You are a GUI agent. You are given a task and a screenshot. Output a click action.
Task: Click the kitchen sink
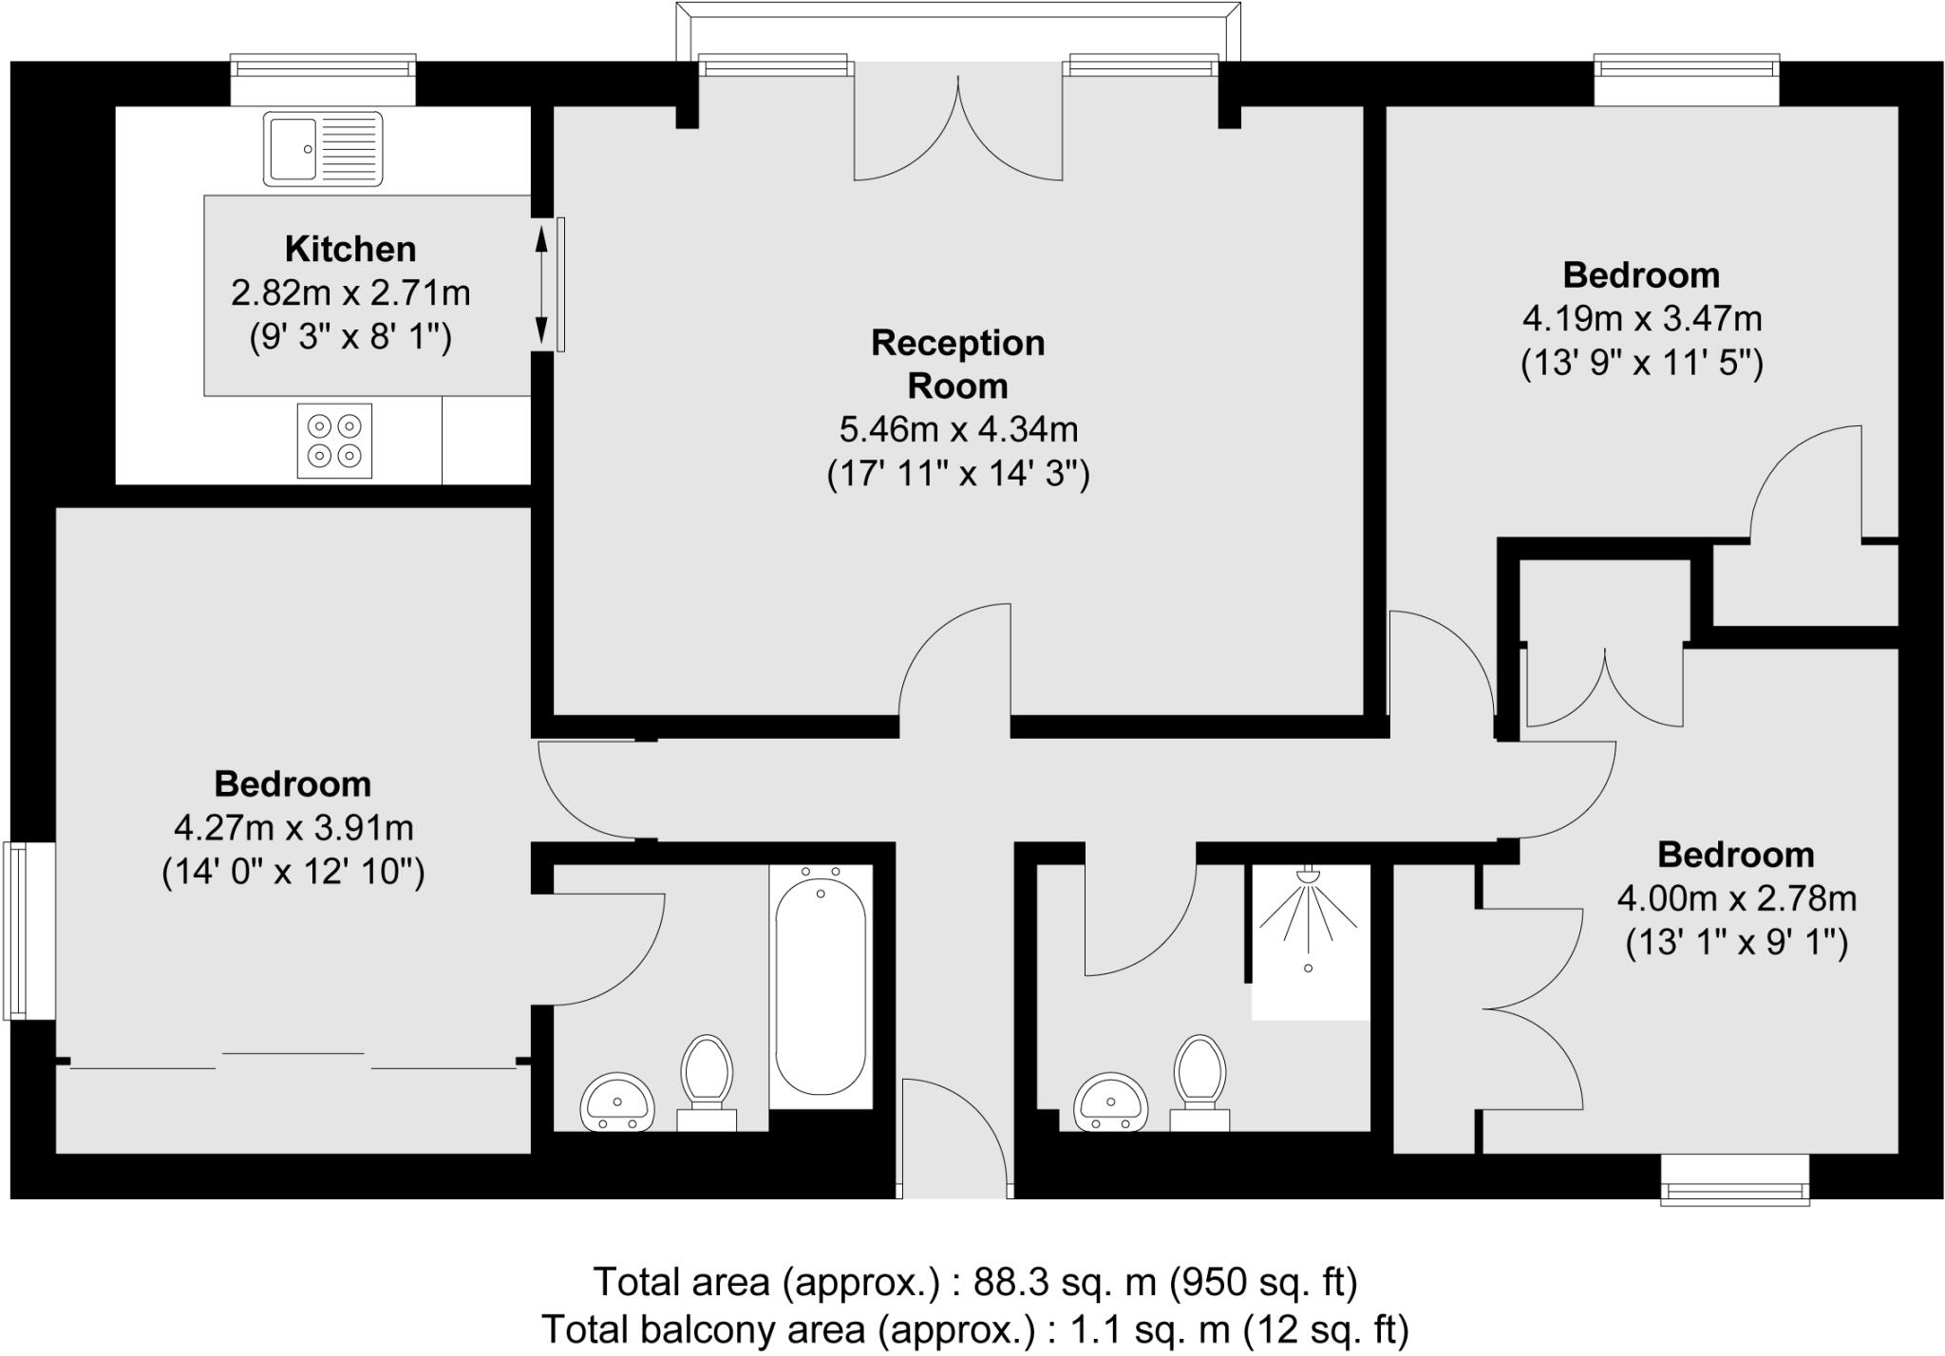pos(323,148)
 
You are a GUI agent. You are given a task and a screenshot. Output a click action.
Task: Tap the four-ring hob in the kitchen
pos(334,441)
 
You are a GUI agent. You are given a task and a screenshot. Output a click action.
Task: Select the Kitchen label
pos(350,249)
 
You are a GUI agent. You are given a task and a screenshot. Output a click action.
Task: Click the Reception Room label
pos(958,364)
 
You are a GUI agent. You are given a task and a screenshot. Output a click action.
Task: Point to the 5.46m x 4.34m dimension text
pos(958,429)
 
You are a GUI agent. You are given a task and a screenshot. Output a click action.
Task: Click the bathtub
pos(821,988)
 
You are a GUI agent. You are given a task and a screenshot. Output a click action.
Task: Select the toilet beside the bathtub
pos(707,1083)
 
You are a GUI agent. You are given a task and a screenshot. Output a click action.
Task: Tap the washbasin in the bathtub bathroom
pos(617,1102)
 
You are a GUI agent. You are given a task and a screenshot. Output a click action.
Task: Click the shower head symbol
pos(1309,875)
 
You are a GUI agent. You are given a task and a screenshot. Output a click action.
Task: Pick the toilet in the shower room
pos(1199,1083)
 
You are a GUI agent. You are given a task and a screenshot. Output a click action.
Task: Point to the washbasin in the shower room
pos(1111,1102)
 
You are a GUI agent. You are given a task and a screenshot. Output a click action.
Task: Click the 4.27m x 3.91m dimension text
pos(293,828)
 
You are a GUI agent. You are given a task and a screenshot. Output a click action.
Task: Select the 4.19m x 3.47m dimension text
pos(1642,318)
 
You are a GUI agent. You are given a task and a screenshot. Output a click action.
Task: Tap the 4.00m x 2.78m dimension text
pos(1737,898)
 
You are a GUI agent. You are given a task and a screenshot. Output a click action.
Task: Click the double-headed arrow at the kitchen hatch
pos(542,284)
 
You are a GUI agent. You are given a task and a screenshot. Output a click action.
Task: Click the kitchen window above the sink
pos(324,67)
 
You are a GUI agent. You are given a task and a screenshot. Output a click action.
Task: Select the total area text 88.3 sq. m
pos(976,1282)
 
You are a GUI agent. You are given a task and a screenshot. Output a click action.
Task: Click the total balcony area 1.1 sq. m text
pos(975,1328)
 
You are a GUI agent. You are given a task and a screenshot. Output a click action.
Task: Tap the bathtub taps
pos(821,872)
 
